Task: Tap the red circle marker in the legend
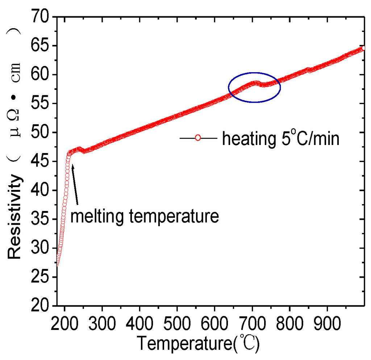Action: pos(197,138)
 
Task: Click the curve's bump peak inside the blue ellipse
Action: pos(256,83)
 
